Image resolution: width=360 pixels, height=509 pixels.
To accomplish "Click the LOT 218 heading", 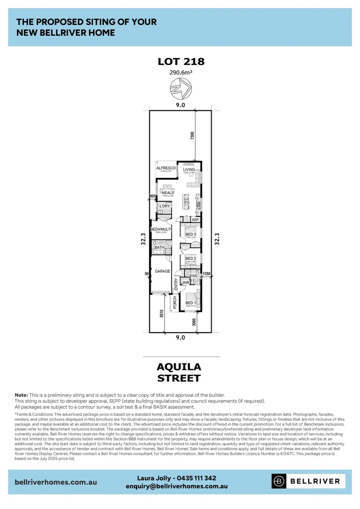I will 180,61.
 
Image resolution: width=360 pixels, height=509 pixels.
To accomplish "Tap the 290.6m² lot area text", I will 180,73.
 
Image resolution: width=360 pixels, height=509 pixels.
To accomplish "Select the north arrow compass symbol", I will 180,89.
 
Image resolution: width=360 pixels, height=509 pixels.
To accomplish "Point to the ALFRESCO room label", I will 166,168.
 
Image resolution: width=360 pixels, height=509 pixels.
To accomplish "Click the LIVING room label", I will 189,170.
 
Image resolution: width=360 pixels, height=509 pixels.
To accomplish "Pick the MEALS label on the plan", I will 168,193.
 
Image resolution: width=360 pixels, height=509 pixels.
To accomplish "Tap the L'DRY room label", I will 164,206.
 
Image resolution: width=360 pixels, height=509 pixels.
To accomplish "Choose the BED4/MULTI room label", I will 161,230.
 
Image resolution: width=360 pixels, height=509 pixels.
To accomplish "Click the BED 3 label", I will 190,234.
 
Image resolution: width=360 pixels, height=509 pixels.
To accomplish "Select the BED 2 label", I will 190,258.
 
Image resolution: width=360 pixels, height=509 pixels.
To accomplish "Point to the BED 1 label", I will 190,303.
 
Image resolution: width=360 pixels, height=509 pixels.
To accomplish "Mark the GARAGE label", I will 163,271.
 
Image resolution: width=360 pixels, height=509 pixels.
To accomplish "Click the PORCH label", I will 174,303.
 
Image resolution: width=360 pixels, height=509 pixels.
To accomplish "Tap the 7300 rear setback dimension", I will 192,136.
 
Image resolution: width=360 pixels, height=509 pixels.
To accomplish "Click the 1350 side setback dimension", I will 206,273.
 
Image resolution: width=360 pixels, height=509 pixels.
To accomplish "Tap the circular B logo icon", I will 279,481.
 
